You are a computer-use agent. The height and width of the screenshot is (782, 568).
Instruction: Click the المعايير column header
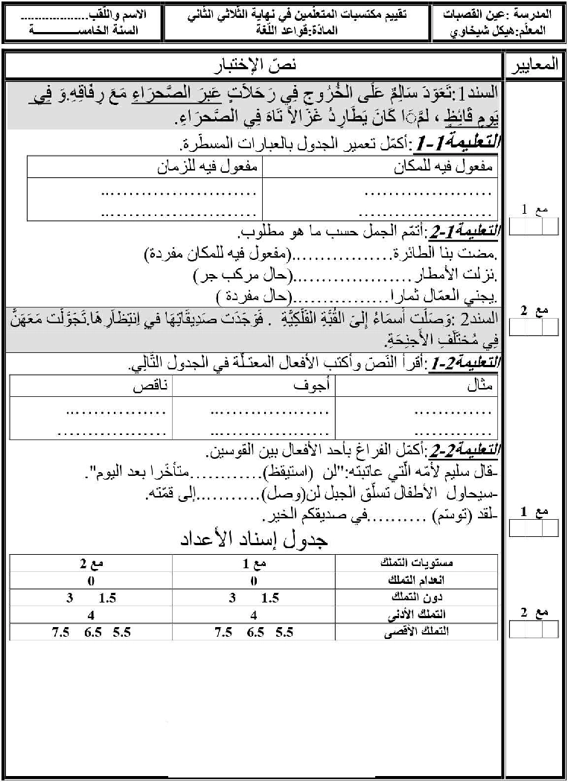pyautogui.click(x=535, y=67)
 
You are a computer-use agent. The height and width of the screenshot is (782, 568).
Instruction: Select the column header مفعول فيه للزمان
pyautogui.click(x=208, y=168)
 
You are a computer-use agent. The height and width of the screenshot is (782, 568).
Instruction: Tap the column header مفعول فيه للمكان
pyautogui.click(x=444, y=168)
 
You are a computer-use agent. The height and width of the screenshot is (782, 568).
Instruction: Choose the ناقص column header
pyautogui.click(x=150, y=387)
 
